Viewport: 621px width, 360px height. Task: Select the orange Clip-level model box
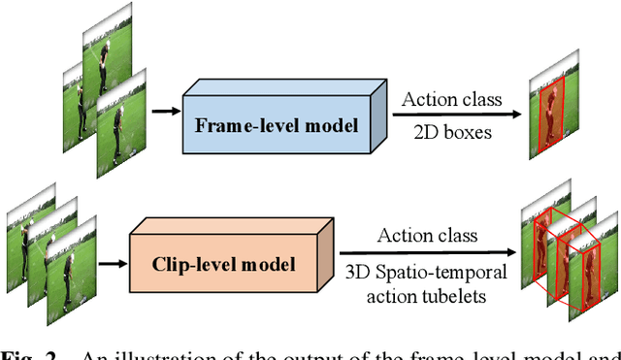click(x=223, y=261)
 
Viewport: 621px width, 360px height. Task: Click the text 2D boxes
click(x=452, y=132)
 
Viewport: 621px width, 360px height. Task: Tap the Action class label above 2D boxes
click(x=452, y=98)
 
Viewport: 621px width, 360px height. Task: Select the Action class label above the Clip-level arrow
click(x=427, y=235)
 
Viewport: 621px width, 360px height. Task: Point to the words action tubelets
click(x=427, y=290)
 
